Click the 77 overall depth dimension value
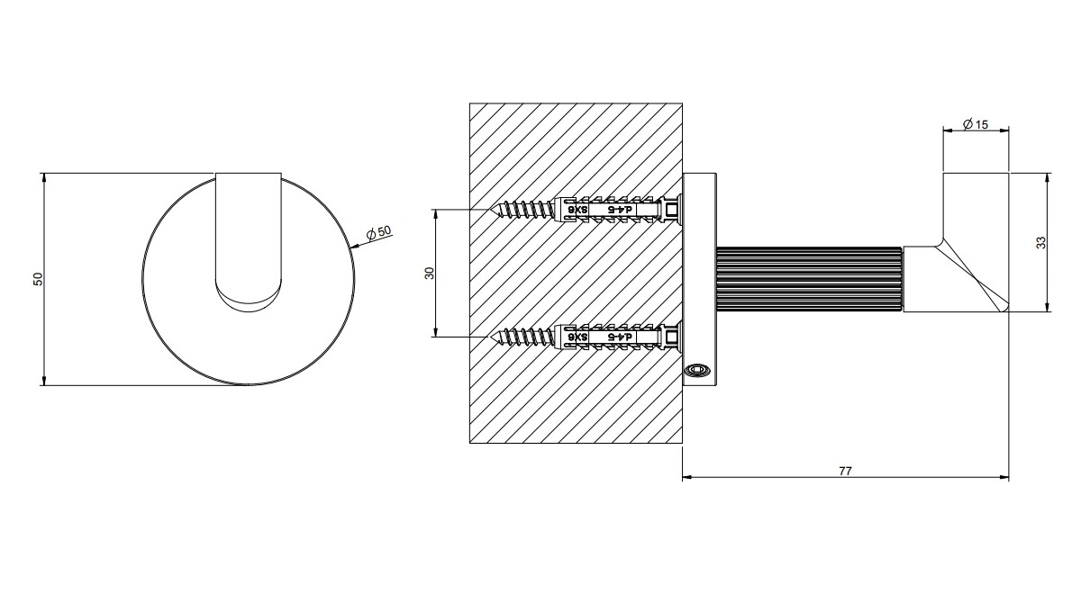844,470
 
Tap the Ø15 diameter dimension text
975,124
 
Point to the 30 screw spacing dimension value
430,273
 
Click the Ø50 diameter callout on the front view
379,232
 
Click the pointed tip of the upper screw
492,210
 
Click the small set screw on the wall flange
696,370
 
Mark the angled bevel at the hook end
973,274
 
